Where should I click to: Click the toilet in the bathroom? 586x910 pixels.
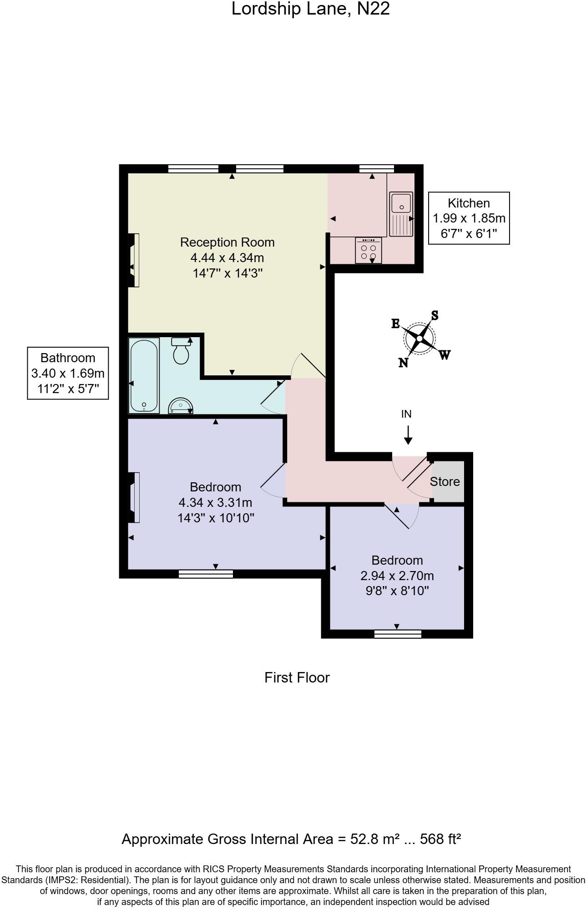(181, 352)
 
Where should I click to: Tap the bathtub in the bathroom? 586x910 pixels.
(144, 376)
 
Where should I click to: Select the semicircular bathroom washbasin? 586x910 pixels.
(181, 406)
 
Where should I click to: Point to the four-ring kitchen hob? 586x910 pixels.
(369, 251)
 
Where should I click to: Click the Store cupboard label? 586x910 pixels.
(445, 481)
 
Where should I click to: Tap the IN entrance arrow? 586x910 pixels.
(408, 435)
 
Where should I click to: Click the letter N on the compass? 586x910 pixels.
(403, 363)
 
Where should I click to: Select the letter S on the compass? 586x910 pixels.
(434, 315)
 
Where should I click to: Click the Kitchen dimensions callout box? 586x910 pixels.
(469, 218)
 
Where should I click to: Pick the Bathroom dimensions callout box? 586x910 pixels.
(68, 373)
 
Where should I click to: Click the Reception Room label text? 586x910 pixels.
(227, 242)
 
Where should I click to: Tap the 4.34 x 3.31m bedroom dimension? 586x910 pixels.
(215, 503)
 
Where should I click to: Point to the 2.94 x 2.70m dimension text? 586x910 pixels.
(397, 576)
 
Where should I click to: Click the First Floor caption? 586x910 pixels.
(297, 677)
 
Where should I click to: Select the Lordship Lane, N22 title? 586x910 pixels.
(310, 9)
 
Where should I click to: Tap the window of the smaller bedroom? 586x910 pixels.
(398, 634)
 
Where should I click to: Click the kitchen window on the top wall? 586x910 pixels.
(376, 169)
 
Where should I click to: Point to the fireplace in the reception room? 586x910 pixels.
(134, 260)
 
